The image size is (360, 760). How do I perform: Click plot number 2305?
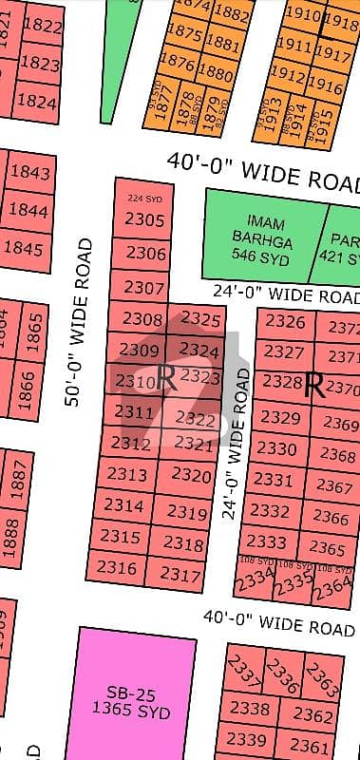point(144,220)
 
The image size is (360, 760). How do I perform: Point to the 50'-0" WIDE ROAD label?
point(84,323)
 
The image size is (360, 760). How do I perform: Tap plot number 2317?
point(180,574)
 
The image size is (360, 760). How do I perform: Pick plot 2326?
point(285,322)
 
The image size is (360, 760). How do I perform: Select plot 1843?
point(28,173)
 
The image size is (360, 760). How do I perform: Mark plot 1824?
point(37,101)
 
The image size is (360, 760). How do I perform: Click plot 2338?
point(250,709)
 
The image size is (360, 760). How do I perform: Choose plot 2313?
point(127,474)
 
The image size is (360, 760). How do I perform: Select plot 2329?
point(279,417)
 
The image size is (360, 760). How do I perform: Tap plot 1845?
point(28,250)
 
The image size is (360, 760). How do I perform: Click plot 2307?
point(144,287)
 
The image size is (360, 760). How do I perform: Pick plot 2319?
point(187,514)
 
